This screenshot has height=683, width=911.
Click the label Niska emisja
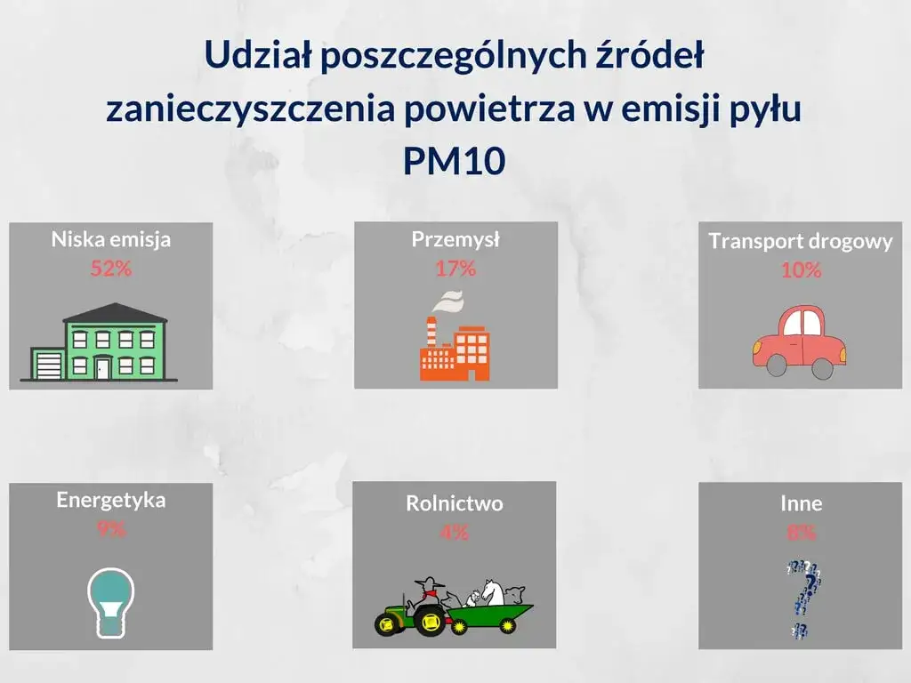110,239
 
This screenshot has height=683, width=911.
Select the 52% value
110,269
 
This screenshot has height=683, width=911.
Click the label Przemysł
455,239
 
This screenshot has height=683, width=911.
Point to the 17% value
455,268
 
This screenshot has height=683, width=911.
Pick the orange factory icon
455,347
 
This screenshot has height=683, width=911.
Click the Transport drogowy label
800,241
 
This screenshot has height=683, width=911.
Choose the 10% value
801,270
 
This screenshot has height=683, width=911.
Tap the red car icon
799,341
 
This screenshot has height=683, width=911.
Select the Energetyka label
110,499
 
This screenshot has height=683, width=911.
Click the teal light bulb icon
110,601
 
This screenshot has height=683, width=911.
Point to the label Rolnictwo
454,503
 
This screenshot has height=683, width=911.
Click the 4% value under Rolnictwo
454,533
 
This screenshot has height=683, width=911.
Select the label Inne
801,503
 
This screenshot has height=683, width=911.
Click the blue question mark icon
804,598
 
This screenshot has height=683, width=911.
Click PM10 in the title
454,161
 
